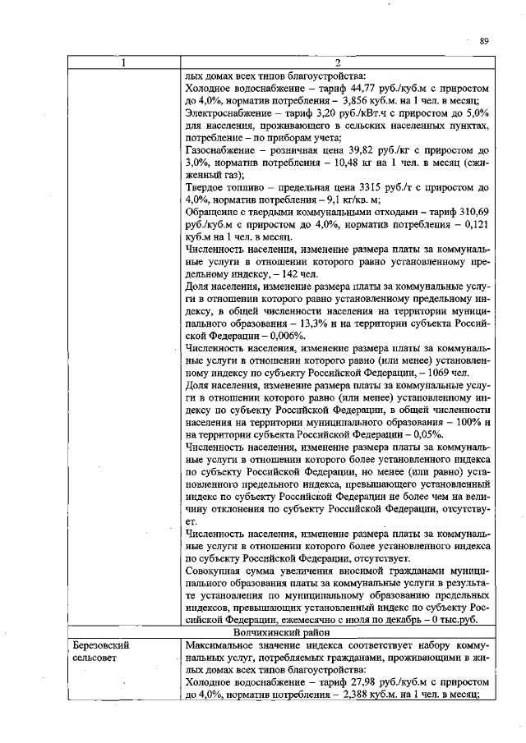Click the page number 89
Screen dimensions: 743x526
pyautogui.click(x=484, y=40)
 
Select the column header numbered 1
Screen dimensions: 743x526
pyautogui.click(x=123, y=64)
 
